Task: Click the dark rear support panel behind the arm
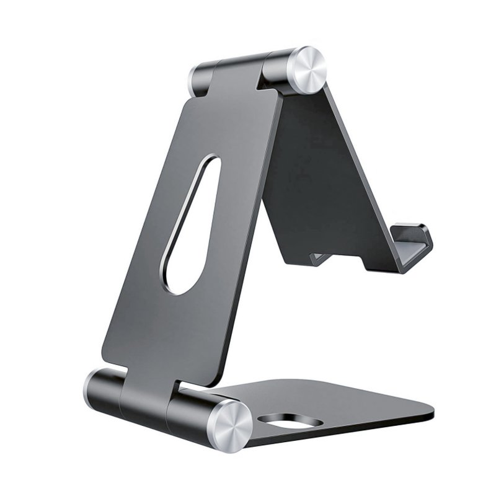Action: (322, 167)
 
